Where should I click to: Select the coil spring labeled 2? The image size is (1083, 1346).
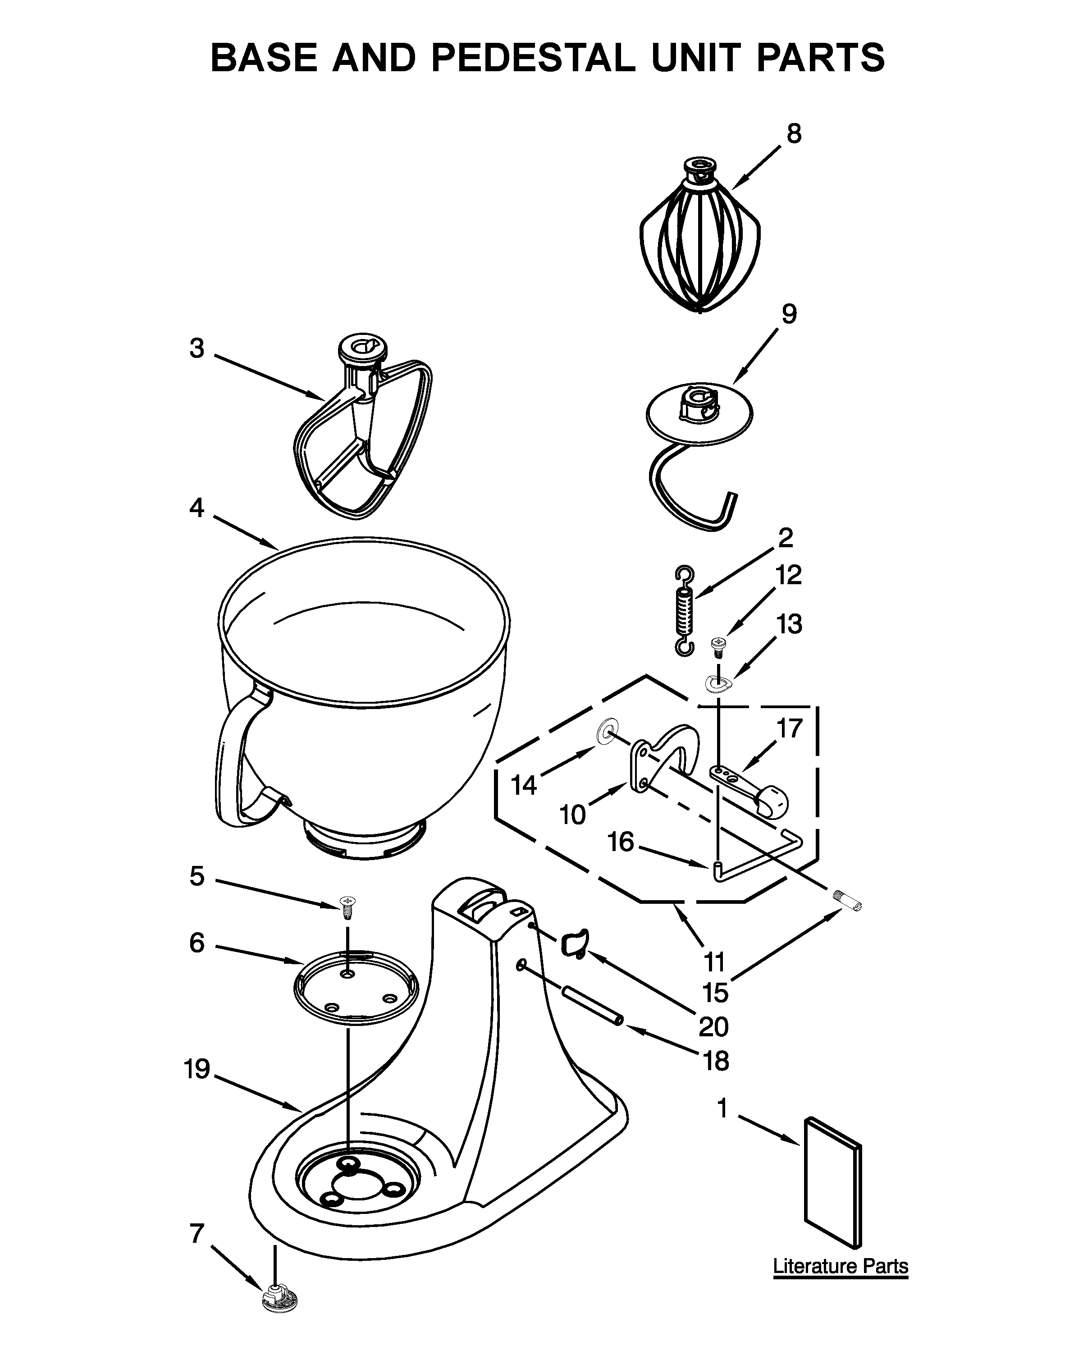coord(685,611)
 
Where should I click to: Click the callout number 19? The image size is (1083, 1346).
coord(197,1069)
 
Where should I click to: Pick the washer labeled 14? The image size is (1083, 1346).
coord(605,731)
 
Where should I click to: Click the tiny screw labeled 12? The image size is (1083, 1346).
coord(718,646)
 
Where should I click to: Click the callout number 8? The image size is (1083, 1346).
coord(793,133)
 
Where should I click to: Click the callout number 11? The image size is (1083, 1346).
coord(714,962)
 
